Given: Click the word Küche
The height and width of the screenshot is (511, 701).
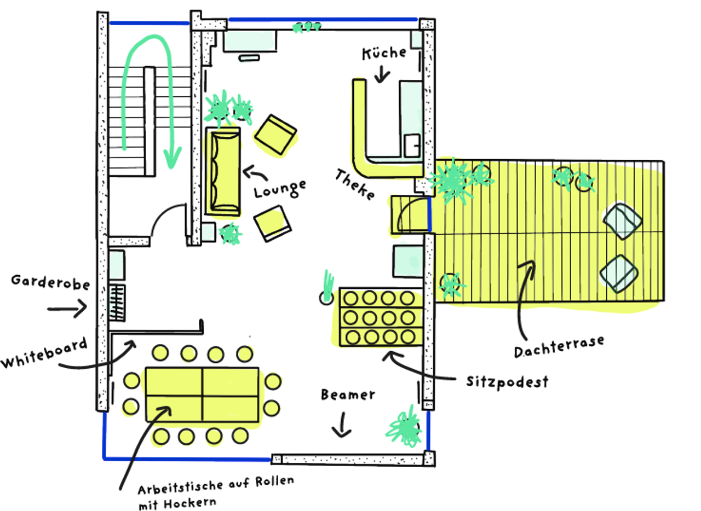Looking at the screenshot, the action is coord(384,53).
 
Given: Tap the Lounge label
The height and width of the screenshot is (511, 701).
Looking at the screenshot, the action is coord(280,189).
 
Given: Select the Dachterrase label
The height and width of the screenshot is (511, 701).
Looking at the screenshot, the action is coord(559,346).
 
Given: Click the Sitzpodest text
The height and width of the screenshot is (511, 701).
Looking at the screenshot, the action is coord(507,382).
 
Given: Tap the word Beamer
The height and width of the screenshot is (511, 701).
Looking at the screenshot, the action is coord(348,394).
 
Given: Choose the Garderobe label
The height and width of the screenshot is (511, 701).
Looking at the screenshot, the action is coord(50,282).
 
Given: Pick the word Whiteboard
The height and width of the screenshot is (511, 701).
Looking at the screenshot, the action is coord(44,353).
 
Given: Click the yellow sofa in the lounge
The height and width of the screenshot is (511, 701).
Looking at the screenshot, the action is coord(223,171).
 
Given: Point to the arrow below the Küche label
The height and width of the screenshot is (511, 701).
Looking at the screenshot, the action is coord(382,74).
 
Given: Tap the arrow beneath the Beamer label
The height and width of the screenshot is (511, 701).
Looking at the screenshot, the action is coord(342,425).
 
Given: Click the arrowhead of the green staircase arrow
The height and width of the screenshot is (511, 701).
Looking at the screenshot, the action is coord(172,158).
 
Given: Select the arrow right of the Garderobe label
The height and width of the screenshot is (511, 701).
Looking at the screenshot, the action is coord(67,309).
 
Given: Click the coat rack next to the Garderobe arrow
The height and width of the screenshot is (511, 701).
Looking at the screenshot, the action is coord(117,303).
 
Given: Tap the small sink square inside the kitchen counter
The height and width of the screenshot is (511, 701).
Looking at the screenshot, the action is coord(412,146).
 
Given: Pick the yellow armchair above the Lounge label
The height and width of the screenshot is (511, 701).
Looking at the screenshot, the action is coord(275,135).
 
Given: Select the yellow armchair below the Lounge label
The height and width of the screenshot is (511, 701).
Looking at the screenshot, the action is coord(272,223).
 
